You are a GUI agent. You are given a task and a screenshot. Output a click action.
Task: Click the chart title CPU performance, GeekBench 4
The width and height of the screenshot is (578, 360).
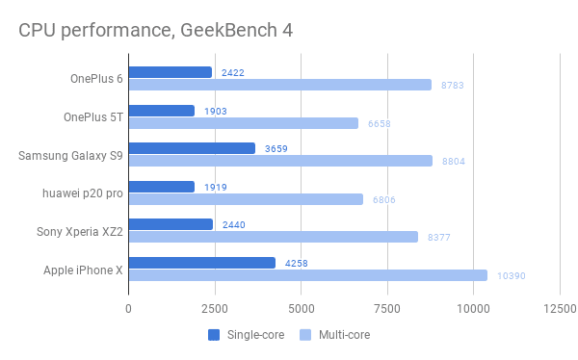click(155, 31)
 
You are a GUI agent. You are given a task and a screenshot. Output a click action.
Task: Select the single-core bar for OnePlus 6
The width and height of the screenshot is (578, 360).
click(171, 72)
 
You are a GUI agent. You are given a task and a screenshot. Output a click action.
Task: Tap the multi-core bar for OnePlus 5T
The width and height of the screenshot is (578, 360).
click(244, 123)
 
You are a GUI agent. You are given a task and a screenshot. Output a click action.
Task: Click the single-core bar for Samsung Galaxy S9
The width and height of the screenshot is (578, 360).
click(192, 148)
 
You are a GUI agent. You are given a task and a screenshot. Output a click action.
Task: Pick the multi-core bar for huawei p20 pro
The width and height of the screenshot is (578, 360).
click(246, 199)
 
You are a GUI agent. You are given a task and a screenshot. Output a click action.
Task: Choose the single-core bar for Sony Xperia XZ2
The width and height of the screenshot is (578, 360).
click(171, 224)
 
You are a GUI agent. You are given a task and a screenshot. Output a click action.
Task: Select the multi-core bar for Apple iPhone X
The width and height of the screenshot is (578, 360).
click(308, 275)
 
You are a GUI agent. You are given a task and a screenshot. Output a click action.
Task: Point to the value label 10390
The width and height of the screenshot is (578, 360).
click(512, 276)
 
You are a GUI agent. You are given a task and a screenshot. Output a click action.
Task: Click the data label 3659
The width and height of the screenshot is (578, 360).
click(276, 149)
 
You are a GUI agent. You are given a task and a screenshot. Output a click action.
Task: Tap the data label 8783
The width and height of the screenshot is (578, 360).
click(453, 86)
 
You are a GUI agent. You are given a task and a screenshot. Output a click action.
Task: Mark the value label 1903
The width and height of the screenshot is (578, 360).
click(216, 112)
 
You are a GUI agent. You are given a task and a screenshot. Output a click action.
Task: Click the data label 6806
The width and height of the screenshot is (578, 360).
click(384, 200)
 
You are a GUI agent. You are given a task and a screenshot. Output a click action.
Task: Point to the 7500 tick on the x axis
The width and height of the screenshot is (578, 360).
click(387, 308)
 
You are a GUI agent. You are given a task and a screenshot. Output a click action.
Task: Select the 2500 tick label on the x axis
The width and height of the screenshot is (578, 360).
click(215, 308)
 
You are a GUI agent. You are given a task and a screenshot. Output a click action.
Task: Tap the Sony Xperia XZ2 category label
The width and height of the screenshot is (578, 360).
click(80, 232)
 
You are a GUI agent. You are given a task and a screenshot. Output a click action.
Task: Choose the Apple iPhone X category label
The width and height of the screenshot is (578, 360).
click(83, 270)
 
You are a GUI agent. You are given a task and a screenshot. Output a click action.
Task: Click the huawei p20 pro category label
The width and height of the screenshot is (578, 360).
click(83, 193)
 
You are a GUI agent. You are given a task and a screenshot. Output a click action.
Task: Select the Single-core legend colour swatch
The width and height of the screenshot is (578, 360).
click(214, 335)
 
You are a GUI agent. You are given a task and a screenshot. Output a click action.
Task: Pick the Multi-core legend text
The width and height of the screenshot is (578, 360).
click(344, 335)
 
